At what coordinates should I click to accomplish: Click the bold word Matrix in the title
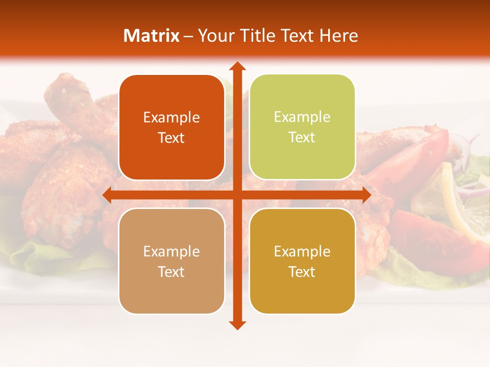[x=152, y=36]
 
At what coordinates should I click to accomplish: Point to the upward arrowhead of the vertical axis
[x=237, y=66]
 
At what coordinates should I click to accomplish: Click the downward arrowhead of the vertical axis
[x=237, y=325]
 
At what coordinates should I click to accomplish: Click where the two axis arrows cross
[x=237, y=195]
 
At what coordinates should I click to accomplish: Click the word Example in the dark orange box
[x=171, y=118]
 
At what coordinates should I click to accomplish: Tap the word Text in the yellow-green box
[x=302, y=138]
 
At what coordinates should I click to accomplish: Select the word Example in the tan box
[x=171, y=252]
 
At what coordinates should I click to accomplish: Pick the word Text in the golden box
[x=302, y=272]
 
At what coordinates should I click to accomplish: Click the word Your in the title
[x=214, y=36]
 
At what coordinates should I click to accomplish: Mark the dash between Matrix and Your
[x=188, y=36]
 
